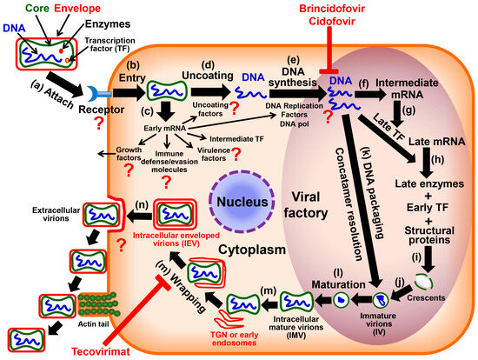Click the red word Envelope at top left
[76, 8]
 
